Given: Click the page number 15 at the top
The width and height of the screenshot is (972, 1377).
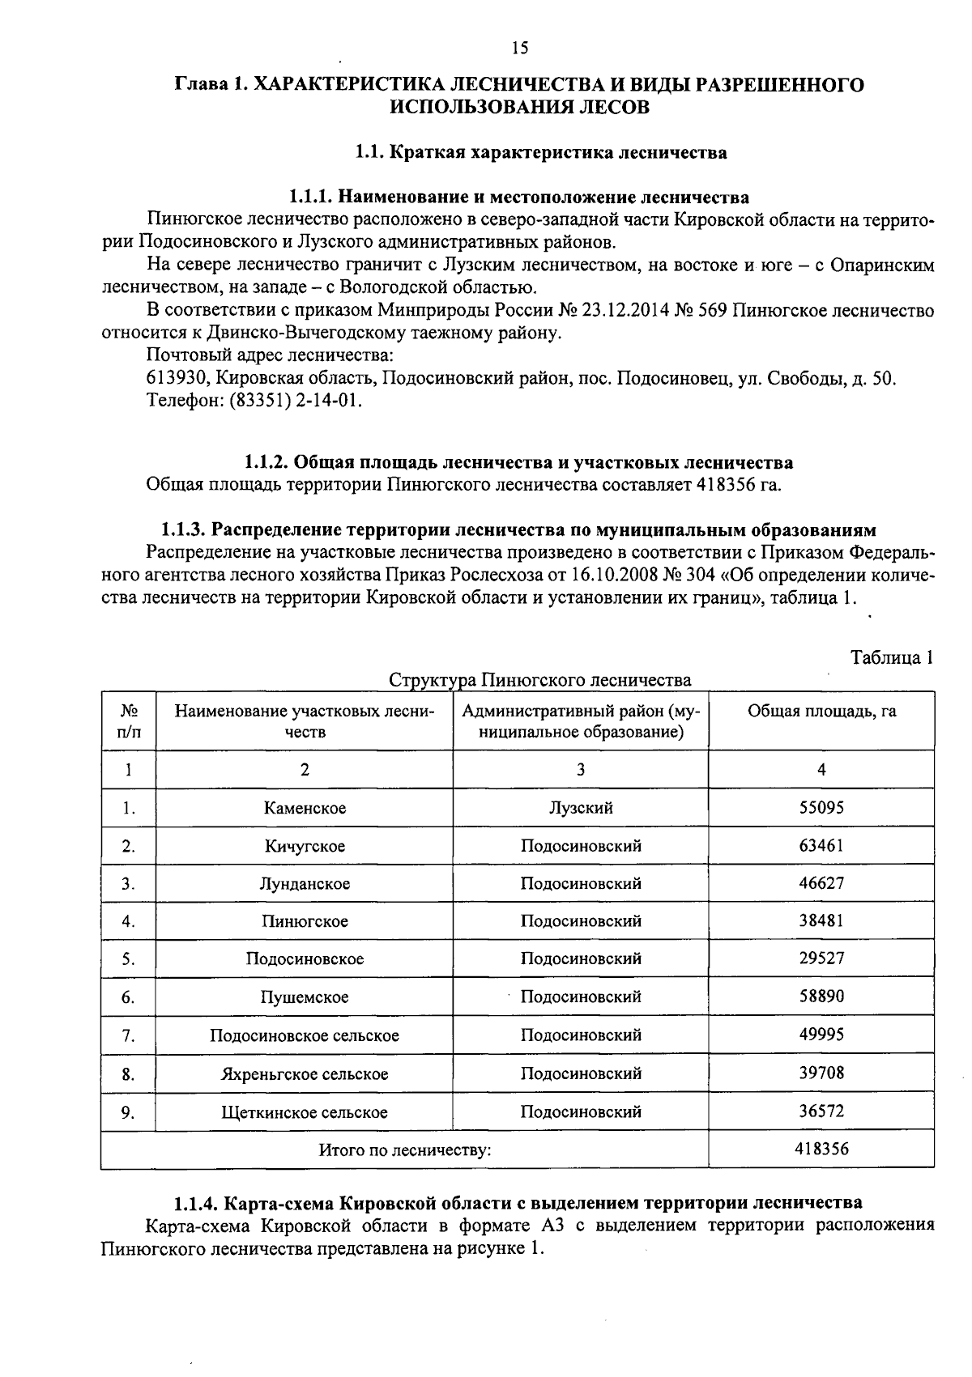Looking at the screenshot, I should (519, 49).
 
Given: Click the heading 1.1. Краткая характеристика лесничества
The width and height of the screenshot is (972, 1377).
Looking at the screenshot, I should (541, 152).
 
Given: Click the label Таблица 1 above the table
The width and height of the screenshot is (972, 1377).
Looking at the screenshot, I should (892, 657).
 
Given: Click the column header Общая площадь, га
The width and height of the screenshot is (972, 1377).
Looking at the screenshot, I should (821, 712).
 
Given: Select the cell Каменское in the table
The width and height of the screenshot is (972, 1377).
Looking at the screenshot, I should (305, 808).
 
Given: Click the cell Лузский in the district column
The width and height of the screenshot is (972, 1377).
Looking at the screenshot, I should (580, 808).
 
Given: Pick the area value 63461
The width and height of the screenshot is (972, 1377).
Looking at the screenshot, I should (821, 845).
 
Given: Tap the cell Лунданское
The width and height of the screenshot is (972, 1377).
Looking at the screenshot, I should (305, 883).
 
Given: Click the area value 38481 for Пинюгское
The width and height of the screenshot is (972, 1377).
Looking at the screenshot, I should (821, 920).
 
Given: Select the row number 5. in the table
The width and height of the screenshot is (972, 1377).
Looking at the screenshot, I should (128, 959).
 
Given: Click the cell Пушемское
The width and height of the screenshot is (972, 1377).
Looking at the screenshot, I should (305, 997).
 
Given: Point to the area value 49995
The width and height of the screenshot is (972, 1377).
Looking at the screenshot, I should (821, 1035).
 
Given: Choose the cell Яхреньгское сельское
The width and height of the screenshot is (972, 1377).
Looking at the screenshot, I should (305, 1074).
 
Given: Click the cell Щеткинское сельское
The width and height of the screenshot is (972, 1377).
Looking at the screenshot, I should (305, 1112).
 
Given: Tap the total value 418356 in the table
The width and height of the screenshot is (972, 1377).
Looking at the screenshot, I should (821, 1148).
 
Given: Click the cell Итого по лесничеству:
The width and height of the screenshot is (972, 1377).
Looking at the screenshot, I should (404, 1150).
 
